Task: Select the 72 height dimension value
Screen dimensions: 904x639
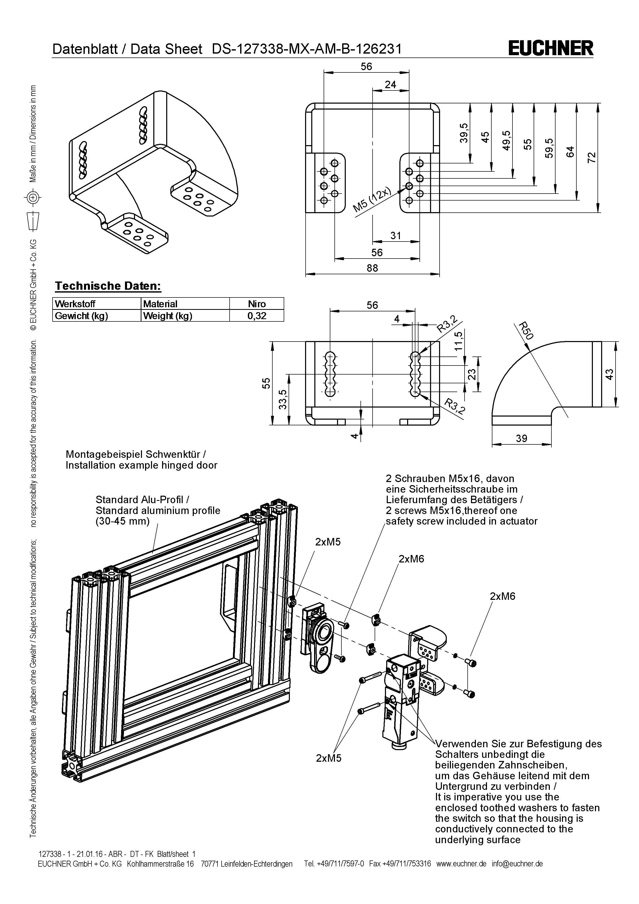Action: point(591,157)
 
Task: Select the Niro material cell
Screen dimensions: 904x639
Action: point(257,304)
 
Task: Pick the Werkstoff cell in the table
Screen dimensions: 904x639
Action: point(75,304)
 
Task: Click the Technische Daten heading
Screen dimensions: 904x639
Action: point(108,286)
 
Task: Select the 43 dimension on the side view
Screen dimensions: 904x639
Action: point(609,374)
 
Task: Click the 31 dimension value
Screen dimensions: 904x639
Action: point(396,235)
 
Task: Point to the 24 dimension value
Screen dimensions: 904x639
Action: point(390,85)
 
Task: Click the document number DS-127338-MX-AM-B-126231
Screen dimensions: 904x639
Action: point(307,49)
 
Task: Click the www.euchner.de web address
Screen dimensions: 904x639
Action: point(461,864)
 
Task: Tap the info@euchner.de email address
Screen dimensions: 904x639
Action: point(517,864)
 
